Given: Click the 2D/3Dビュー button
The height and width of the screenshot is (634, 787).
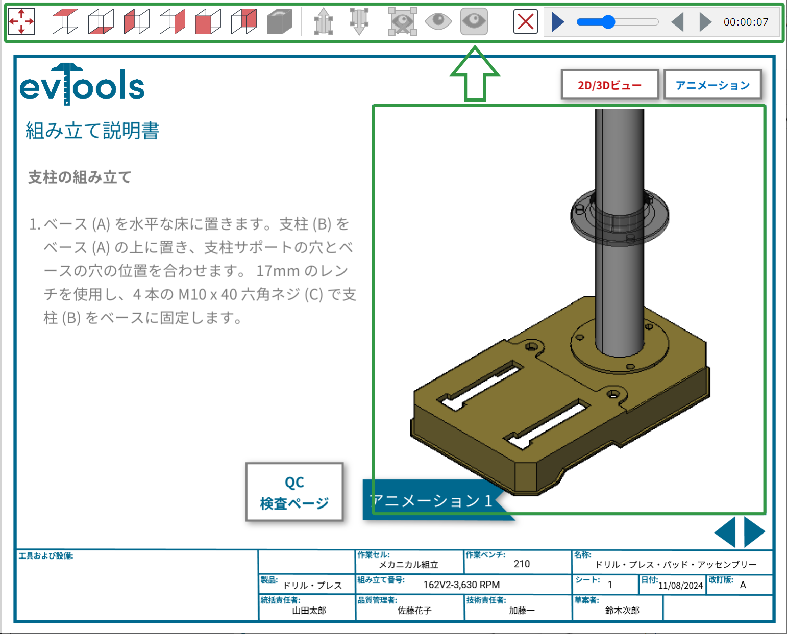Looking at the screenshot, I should pos(609,85).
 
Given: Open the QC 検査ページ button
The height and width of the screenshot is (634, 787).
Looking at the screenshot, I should pos(294,492).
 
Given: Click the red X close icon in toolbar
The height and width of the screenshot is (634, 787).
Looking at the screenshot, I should pos(525,22).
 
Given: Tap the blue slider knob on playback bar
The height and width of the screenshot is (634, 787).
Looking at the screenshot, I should pos(608,22).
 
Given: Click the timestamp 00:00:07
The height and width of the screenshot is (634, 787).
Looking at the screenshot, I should pos(746,22).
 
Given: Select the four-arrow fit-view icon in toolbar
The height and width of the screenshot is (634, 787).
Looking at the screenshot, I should pos(21,22).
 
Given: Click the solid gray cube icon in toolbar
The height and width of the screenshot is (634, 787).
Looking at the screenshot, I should pos(279,22).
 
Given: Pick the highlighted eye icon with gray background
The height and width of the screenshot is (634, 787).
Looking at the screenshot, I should pos(474,21).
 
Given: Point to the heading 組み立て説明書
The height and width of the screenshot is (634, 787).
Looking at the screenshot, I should pos(92,131).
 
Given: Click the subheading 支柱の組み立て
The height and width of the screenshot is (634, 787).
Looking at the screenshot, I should pos(80,177).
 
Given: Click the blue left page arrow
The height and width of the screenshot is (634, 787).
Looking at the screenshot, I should pos(725,532).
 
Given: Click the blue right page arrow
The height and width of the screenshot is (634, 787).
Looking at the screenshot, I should pos(754,532).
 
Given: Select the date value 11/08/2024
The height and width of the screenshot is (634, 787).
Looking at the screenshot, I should pos(680,586).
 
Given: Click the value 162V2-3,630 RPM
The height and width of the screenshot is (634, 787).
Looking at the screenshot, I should pos(461,585).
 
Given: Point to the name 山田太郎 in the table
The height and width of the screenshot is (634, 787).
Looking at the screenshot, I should pos(309,611).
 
